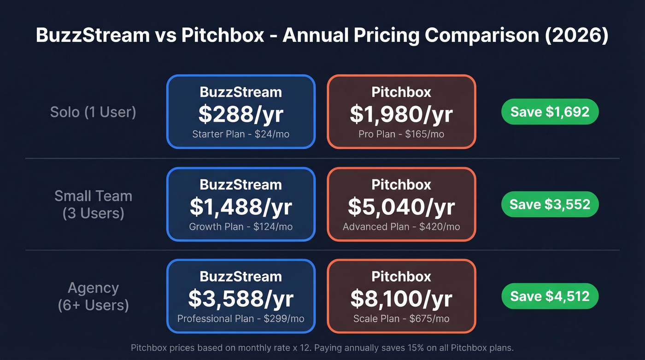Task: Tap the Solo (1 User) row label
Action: point(93,112)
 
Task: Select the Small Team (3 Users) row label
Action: point(93,204)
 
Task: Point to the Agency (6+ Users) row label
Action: point(93,296)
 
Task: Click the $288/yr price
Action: point(240,114)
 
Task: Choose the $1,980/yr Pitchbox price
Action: point(401,114)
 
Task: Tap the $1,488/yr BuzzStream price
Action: point(240,207)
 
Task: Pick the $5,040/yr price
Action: point(401,207)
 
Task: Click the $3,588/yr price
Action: point(240,299)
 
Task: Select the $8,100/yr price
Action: point(401,299)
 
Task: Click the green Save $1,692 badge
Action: point(550,112)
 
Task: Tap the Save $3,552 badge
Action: point(550,204)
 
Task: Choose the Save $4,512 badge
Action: point(550,296)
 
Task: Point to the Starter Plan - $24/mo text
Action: point(240,134)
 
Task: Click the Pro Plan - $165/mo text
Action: point(401,134)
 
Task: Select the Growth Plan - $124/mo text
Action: point(240,226)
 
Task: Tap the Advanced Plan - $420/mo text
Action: point(401,226)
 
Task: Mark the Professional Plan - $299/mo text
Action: point(240,319)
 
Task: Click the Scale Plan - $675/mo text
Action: point(401,319)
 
